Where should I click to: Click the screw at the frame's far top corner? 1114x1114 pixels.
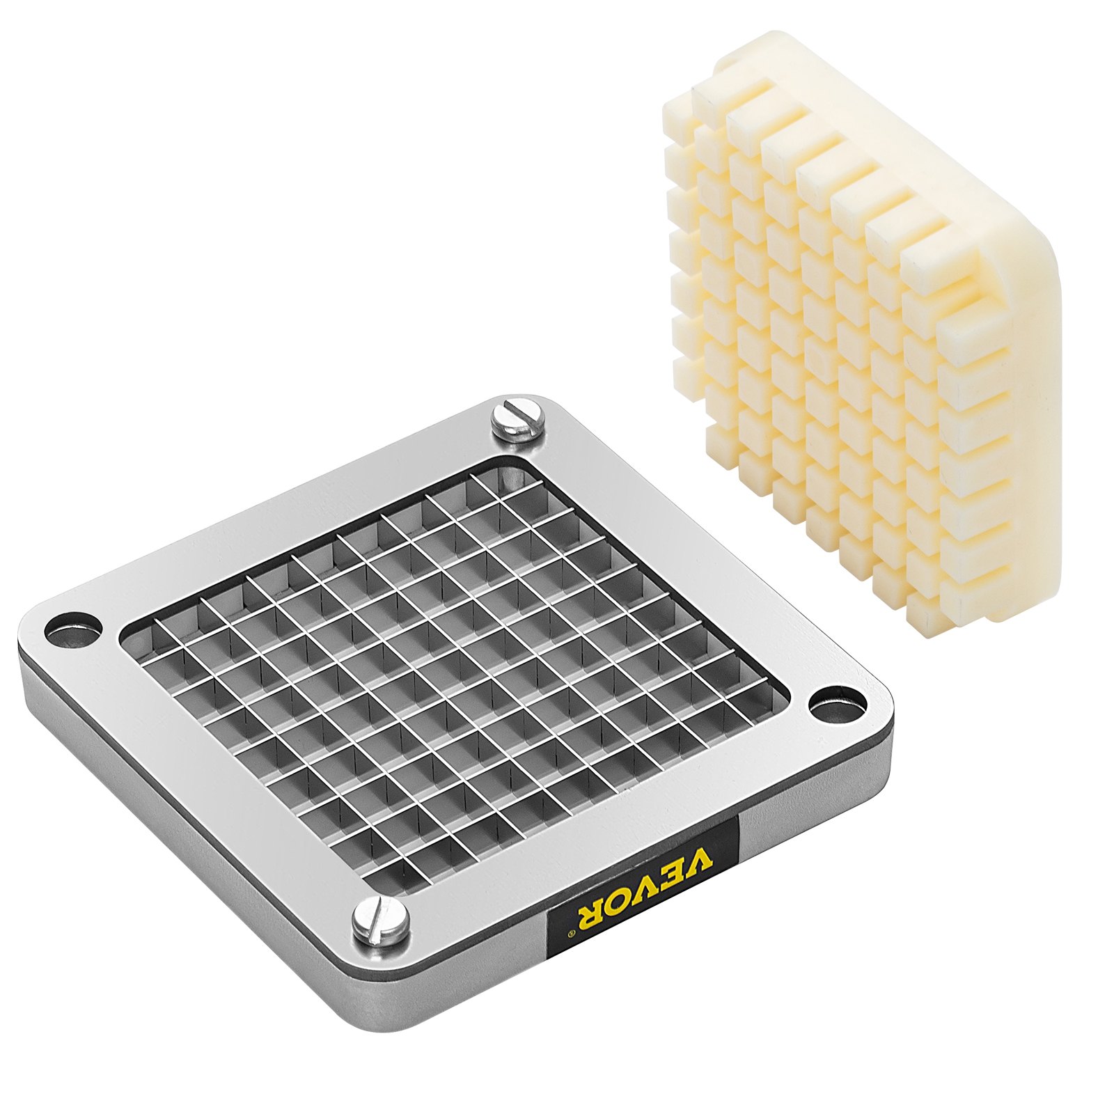pos(517,421)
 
